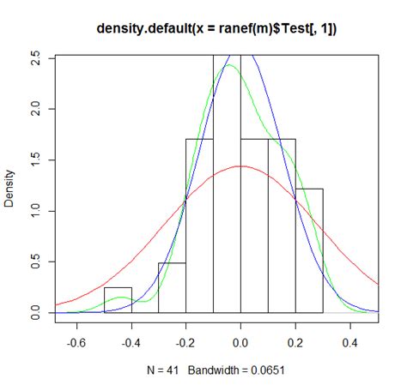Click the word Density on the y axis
click(10, 184)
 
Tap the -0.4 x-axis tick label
click(131, 341)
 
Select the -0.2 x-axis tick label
click(185, 341)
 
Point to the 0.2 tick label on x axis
click(295, 341)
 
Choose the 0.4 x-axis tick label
click(350, 341)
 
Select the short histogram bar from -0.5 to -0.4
click(118, 302)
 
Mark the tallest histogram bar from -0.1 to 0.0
click(227, 189)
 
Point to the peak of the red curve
click(240, 166)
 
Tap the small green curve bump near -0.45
click(121, 298)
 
